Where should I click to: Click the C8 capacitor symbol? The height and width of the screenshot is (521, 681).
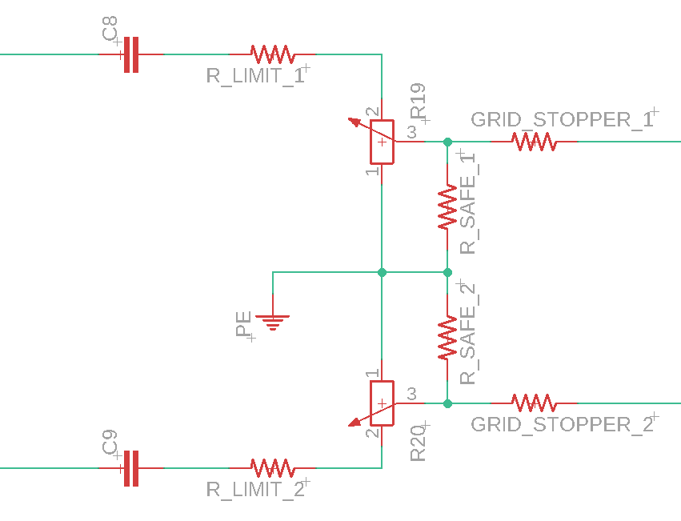[131, 54]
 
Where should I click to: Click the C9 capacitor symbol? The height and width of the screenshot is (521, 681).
[131, 468]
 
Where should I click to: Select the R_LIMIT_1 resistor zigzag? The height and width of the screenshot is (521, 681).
[273, 54]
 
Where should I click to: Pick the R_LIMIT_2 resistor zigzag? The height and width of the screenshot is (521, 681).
[273, 468]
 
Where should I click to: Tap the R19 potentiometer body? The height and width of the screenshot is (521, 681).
[383, 142]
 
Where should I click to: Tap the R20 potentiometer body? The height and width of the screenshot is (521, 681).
[383, 403]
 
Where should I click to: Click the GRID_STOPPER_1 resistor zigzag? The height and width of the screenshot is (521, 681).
[534, 142]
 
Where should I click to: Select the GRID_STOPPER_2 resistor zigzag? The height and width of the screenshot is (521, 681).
[534, 403]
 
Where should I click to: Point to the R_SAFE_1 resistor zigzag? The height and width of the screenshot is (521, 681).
[447, 206]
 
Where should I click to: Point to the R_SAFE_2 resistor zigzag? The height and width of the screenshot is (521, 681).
[447, 338]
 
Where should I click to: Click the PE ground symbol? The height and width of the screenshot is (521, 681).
[273, 323]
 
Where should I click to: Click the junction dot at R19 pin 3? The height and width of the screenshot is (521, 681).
[447, 142]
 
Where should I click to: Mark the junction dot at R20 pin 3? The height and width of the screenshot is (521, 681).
[447, 403]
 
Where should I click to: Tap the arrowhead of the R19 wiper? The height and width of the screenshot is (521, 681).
[354, 122]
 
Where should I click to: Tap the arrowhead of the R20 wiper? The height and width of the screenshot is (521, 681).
[355, 422]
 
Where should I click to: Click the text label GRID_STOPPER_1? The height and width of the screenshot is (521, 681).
[562, 119]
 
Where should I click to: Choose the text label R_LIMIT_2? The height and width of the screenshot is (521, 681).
[255, 490]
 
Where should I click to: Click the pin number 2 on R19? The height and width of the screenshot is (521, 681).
[373, 112]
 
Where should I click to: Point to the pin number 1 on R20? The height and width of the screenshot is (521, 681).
[373, 373]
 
